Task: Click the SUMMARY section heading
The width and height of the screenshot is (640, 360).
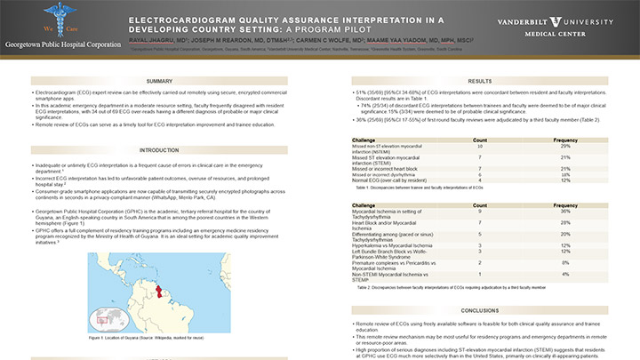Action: [x=159, y=80]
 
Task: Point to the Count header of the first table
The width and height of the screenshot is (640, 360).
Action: [x=479, y=140]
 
